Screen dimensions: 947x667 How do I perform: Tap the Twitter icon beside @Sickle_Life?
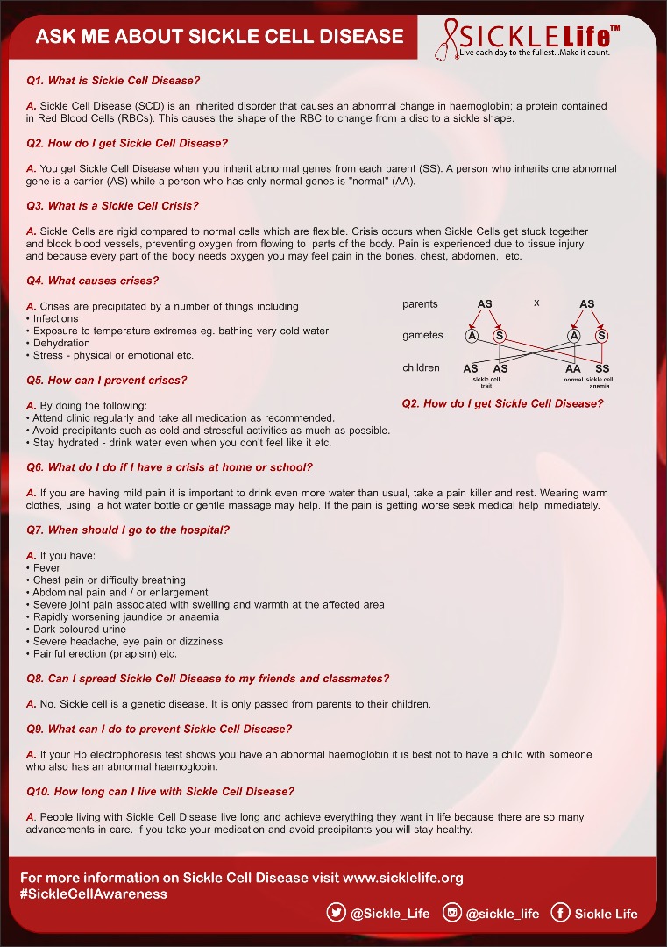click(x=336, y=913)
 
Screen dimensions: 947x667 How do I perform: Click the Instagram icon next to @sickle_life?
click(x=452, y=913)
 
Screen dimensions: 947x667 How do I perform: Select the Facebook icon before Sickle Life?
click(x=560, y=913)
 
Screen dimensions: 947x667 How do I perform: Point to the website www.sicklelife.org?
click(x=403, y=878)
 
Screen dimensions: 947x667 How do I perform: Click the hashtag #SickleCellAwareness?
click(x=94, y=894)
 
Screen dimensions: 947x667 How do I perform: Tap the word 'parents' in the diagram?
click(x=420, y=304)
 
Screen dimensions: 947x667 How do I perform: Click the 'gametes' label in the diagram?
click(x=422, y=336)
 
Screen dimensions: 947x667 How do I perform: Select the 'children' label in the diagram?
click(x=421, y=368)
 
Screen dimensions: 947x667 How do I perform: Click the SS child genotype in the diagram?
click(x=602, y=369)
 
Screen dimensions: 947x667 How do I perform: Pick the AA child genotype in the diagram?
click(x=573, y=369)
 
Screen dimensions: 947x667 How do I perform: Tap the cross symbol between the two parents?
click(x=536, y=303)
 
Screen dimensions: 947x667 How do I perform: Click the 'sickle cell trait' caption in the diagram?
click(x=486, y=382)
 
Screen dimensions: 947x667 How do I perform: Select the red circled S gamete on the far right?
click(x=602, y=336)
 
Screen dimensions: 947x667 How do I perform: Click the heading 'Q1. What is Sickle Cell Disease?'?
click(x=114, y=81)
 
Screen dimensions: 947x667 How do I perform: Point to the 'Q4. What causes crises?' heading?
click(x=93, y=281)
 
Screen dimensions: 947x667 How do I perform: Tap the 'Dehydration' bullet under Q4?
click(x=61, y=344)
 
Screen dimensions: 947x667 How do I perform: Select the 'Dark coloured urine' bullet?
click(x=80, y=630)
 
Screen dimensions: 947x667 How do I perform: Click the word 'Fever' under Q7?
click(x=46, y=568)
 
